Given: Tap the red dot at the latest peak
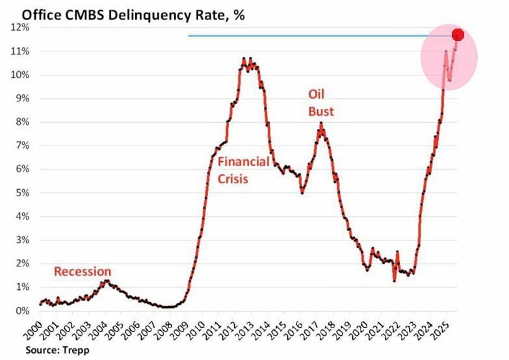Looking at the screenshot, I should click(457, 34).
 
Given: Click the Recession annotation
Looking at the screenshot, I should click(82, 272).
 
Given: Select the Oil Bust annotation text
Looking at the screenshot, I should click(320, 103).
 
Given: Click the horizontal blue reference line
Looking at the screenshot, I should click(312, 36).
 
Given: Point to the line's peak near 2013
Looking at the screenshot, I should click(244, 59).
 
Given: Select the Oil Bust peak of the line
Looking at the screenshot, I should click(320, 124).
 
